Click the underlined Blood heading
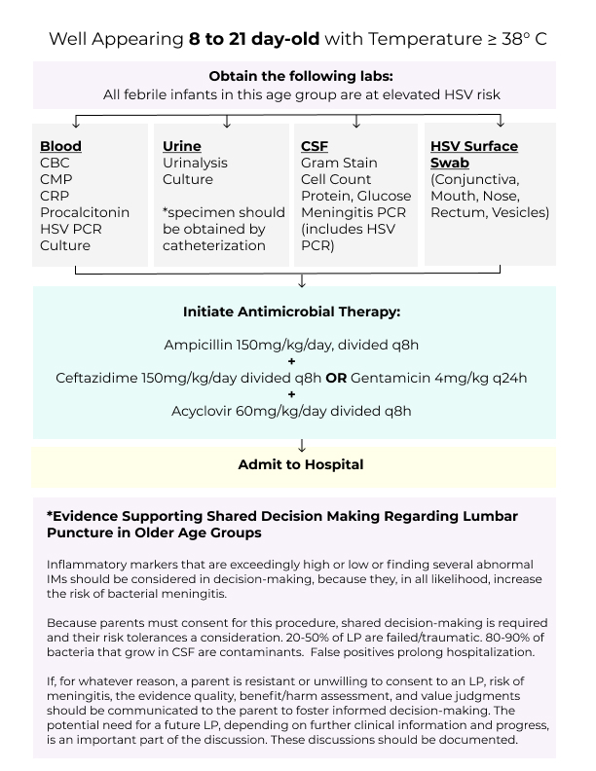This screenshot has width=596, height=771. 60,146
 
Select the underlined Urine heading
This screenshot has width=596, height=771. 182,146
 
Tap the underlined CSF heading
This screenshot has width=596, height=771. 315,146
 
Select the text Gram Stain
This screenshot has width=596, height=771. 339,163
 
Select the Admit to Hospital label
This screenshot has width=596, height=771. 301,464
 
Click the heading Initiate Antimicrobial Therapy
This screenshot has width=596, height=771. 292,312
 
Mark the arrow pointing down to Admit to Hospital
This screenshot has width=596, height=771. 302,445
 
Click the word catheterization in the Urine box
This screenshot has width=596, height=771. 214,245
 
